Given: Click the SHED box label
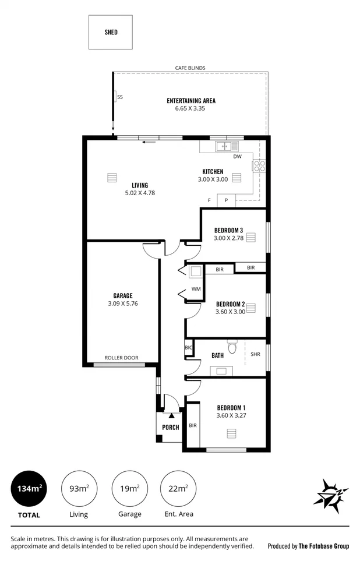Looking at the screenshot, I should point(111,32).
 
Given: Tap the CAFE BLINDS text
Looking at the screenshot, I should point(190,68).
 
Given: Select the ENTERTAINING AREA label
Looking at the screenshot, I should point(190,101).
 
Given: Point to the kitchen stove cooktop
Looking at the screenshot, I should point(259,166).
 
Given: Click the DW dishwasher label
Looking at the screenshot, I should point(237,157).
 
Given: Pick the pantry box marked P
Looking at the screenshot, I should point(227,201).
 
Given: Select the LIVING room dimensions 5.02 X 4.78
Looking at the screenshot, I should point(140,193).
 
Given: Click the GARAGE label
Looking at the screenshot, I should point(123,295).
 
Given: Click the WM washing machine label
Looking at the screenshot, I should point(196,289).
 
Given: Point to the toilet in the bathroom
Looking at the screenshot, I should point(232,348).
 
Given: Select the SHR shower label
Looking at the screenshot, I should point(255,354).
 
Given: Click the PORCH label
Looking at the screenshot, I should point(170,428).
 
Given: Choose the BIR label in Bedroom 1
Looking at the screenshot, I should point(192,425).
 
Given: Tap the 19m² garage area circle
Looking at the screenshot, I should point(129,488).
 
